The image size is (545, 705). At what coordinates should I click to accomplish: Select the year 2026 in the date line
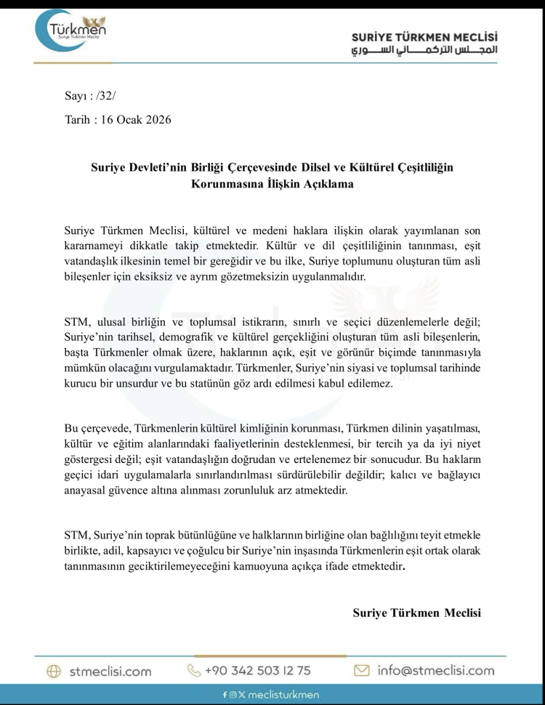(157, 119)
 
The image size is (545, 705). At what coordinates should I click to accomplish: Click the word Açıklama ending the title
(327, 184)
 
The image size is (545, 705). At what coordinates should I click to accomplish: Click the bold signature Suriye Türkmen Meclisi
(416, 613)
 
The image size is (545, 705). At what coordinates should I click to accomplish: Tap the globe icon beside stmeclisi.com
(54, 671)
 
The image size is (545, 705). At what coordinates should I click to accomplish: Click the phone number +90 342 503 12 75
(257, 670)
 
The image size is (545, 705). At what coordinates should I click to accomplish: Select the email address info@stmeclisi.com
(435, 670)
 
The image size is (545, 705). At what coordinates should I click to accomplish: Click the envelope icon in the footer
(362, 670)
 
